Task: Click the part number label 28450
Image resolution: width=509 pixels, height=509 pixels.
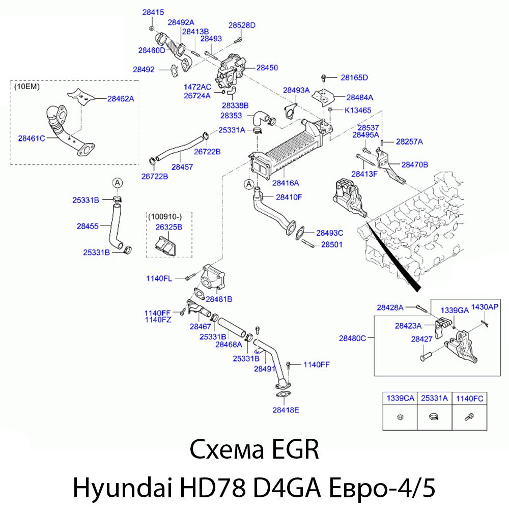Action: point(267,67)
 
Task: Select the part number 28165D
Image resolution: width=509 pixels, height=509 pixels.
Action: point(354,77)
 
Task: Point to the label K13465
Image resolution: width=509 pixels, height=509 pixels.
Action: point(358,110)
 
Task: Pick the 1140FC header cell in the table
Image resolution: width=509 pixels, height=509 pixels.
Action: point(469,399)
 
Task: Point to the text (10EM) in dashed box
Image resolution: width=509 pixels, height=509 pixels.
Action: point(28,87)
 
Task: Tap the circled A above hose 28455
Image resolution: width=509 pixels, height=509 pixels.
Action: point(117,182)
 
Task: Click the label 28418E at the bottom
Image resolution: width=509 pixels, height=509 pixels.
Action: point(286,410)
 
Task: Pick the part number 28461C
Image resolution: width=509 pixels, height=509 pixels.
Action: point(32,137)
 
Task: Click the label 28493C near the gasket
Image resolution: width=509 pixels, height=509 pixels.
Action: point(329,233)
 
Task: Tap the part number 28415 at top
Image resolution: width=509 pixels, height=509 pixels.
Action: point(152,12)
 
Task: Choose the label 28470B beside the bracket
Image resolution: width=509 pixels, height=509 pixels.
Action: point(414,164)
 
